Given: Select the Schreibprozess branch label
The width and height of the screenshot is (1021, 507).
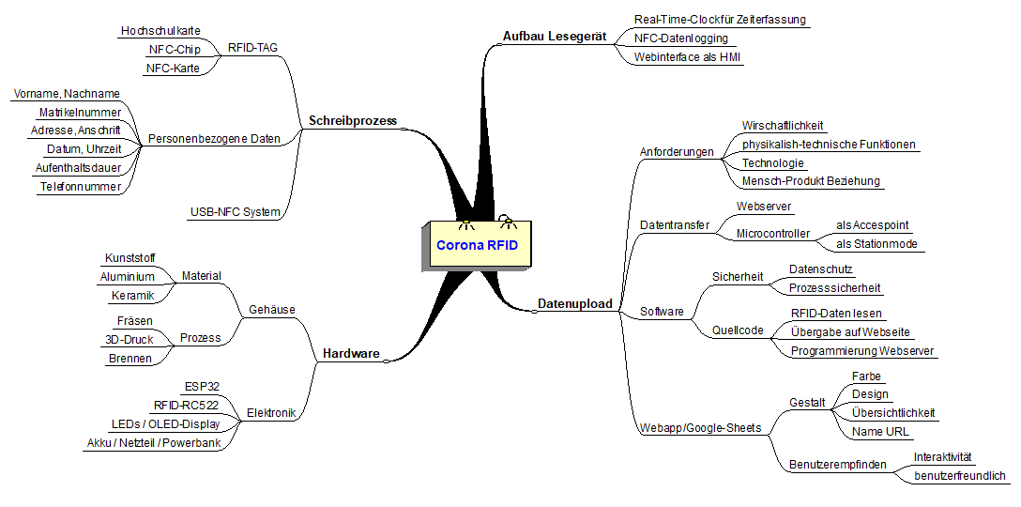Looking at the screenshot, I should click(353, 120).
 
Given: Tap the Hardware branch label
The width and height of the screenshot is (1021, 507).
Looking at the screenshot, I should click(351, 353).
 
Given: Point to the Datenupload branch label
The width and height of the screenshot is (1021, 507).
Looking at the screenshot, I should click(574, 303).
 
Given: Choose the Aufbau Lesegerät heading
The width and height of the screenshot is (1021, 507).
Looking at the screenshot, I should click(555, 37).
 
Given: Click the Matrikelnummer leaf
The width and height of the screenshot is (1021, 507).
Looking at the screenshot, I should click(80, 112).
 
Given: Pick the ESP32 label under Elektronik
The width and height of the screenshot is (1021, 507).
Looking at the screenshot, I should click(201, 386).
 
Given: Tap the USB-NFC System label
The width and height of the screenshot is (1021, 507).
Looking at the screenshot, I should click(235, 211).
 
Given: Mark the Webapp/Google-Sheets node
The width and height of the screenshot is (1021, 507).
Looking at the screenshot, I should click(700, 428).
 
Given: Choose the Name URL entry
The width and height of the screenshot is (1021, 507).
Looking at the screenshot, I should click(880, 432).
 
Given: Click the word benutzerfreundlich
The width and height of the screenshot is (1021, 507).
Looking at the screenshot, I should click(960, 476).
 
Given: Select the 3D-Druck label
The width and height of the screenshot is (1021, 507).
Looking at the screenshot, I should click(130, 339).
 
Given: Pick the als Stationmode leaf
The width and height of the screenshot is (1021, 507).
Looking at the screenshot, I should click(876, 244).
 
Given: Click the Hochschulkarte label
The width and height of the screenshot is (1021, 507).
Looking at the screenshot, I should click(160, 31).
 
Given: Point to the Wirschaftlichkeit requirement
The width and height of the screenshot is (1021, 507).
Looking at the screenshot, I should click(783, 125).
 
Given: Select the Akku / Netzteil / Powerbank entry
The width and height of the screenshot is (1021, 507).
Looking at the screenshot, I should click(153, 442).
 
